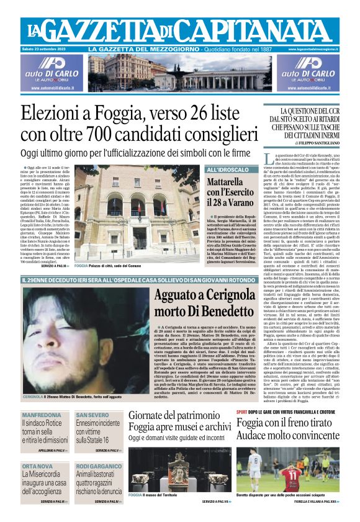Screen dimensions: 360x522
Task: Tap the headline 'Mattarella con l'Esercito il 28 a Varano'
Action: pyautogui.click(x=229, y=194)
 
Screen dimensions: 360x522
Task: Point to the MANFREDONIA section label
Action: pyautogui.click(x=41, y=415)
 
